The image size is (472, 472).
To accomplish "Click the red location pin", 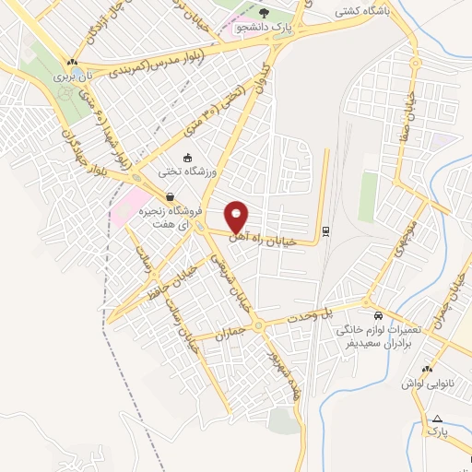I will (238, 217).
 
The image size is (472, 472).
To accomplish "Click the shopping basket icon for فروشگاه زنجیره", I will (171, 196).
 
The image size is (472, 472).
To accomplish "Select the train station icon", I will (324, 230).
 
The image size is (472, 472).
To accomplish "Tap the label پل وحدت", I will (339, 313).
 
